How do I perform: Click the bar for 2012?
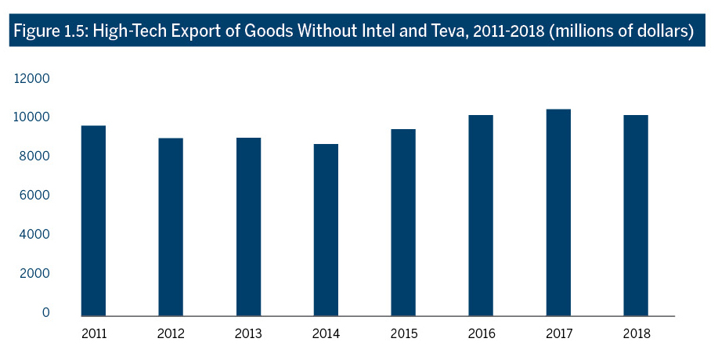coord(171,226)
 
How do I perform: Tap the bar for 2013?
coord(248,226)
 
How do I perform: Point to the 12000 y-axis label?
coord(34,79)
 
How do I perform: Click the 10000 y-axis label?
coord(34,117)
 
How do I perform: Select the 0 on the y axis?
coord(46,312)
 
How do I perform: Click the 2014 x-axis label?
coord(326,334)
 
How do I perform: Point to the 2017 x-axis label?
coord(558,334)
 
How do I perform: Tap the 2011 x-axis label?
coord(93,334)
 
